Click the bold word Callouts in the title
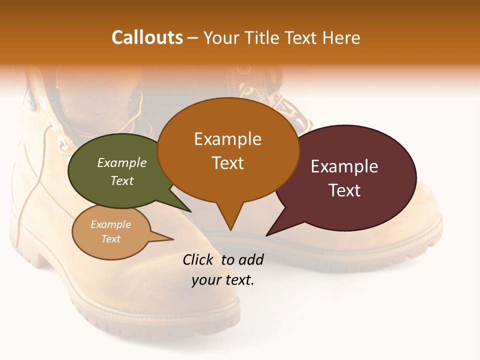click(147, 37)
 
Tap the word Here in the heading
click(341, 37)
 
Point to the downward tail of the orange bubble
click(230, 220)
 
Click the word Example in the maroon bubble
click(344, 166)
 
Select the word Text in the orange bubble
click(228, 163)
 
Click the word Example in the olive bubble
click(122, 163)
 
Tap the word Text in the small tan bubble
click(111, 239)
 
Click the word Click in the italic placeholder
click(198, 259)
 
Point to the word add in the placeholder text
click(250, 259)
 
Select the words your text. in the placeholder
click(223, 280)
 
